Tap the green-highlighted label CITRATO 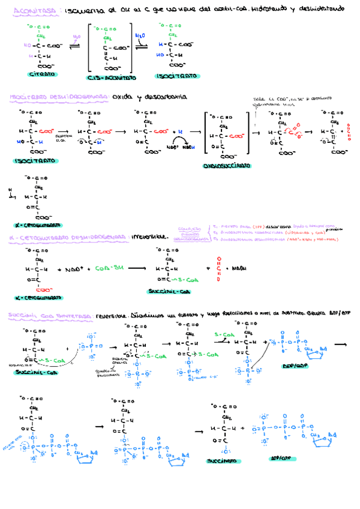[x=41, y=74]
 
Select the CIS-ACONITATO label [x=111, y=77]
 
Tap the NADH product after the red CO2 [x=239, y=268]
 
